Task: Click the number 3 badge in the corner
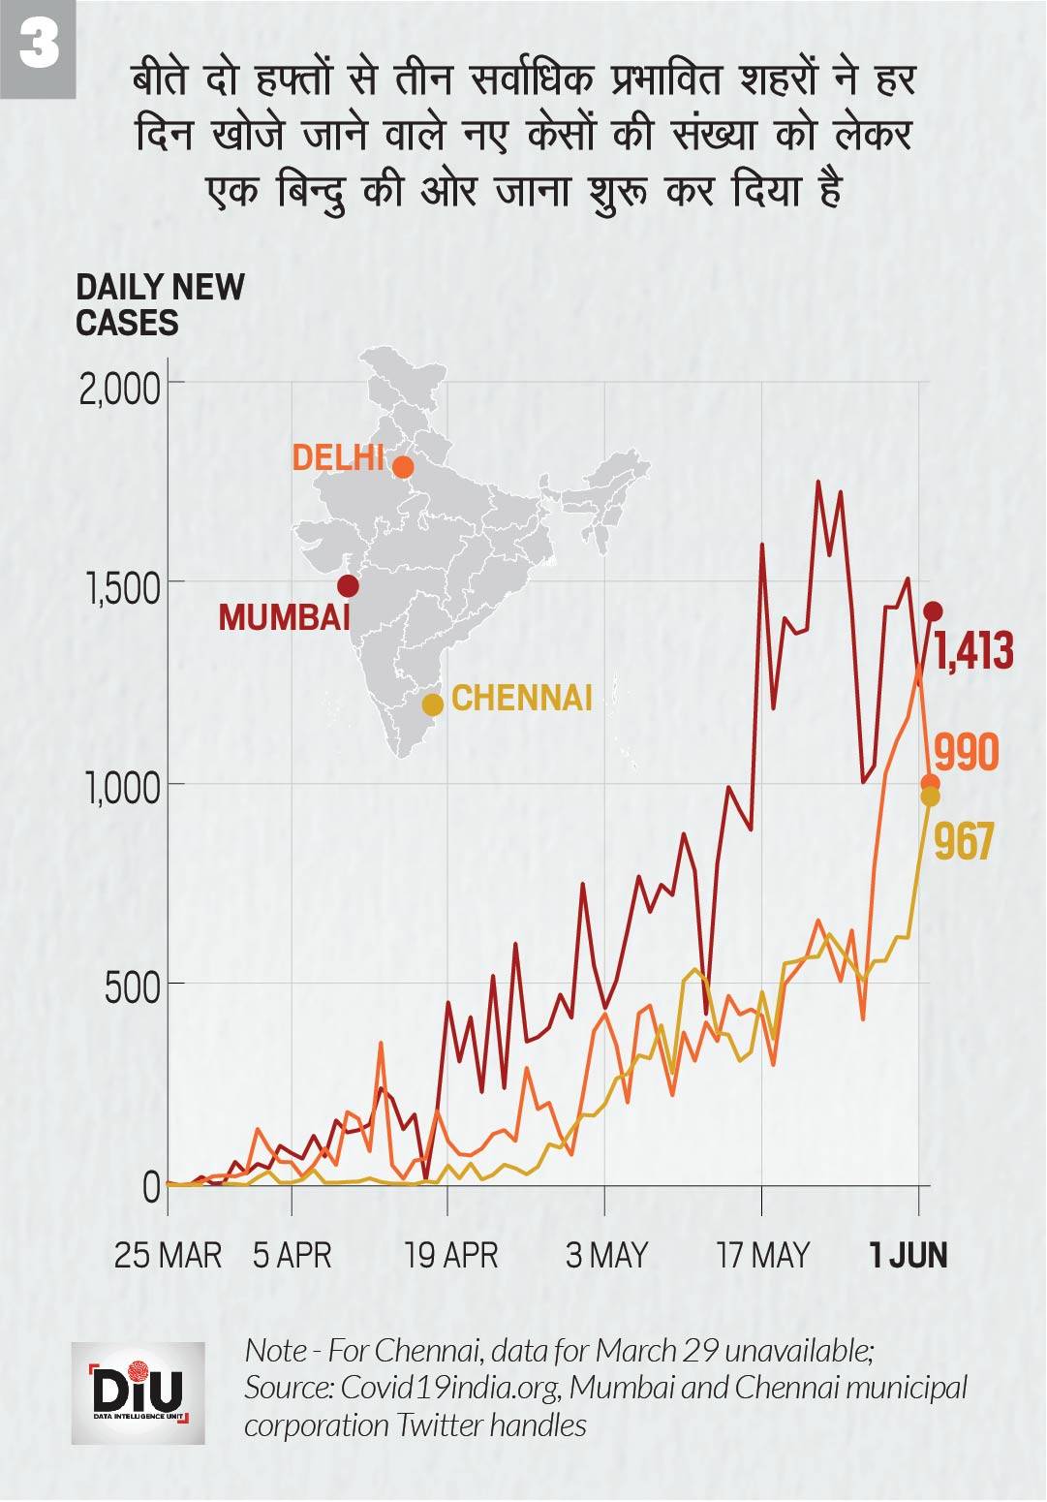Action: click(x=38, y=46)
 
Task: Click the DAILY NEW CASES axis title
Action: click(x=160, y=304)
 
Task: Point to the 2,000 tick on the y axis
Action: click(x=119, y=390)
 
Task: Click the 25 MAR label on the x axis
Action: click(x=168, y=1256)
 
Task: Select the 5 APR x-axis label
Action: click(x=293, y=1256)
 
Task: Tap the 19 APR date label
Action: click(x=451, y=1256)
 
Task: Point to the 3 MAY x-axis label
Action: click(x=606, y=1256)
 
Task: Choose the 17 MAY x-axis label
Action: click(x=763, y=1256)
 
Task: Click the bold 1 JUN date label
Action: click(x=908, y=1256)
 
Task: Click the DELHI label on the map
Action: click(x=338, y=457)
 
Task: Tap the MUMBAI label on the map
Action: click(x=284, y=617)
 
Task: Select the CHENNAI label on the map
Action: click(x=522, y=698)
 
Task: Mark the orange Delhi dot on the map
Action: click(x=403, y=467)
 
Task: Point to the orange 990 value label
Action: click(x=966, y=753)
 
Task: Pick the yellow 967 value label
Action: click(x=965, y=841)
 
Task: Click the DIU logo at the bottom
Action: click(x=138, y=1392)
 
